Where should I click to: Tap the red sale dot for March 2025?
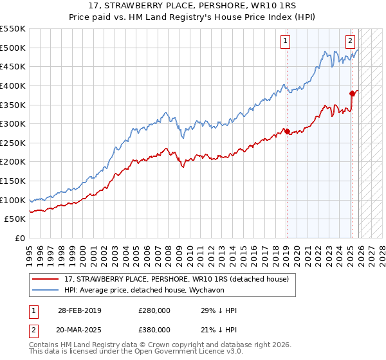pyautogui.click(x=352, y=94)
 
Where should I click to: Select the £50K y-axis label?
pyautogui.click(x=16, y=219)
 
